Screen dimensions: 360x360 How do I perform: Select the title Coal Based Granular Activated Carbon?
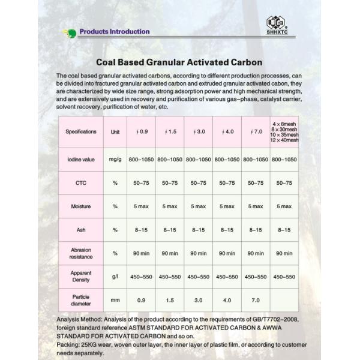coord(180,62)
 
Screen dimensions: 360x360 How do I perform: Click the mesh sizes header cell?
coord(284,131)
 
